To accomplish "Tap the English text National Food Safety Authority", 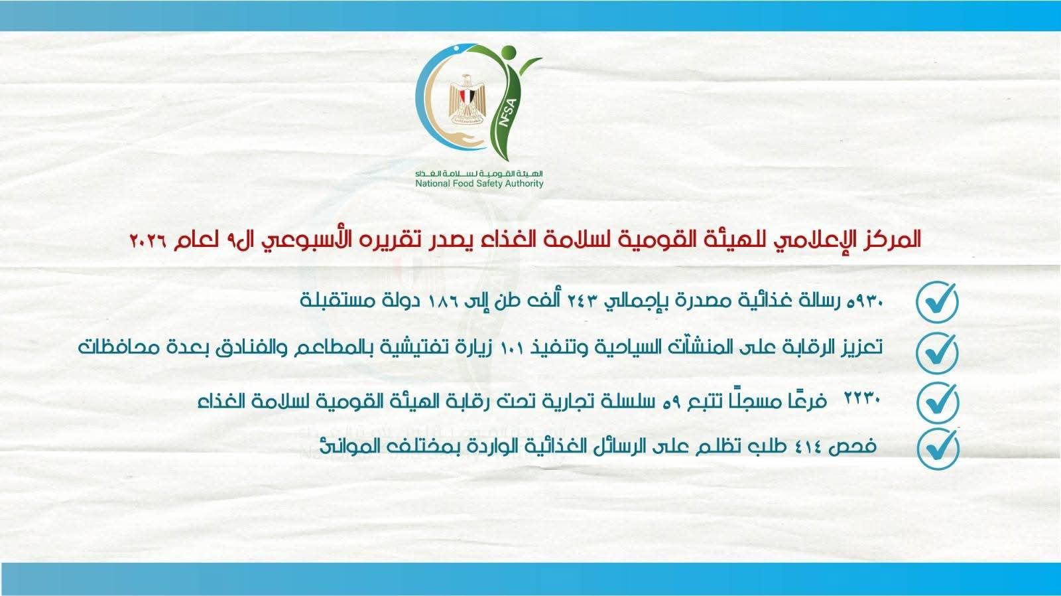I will tap(479, 184).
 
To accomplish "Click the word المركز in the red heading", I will tap(895, 239).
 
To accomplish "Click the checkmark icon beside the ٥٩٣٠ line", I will tap(937, 301).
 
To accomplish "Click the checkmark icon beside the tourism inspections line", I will tap(937, 352).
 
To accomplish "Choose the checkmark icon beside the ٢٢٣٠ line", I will tap(937, 401).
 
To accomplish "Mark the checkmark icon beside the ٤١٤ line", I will tap(937, 448).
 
